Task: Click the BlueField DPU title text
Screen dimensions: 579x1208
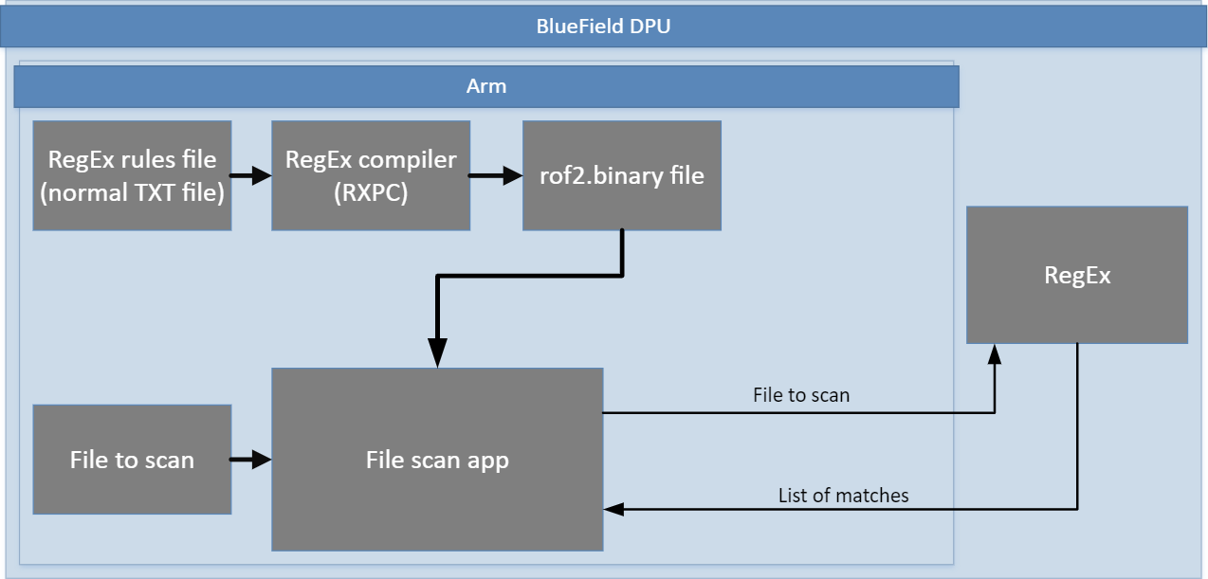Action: (x=603, y=26)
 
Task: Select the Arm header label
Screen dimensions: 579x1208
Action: (x=486, y=86)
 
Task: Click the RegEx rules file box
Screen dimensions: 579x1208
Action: (x=132, y=175)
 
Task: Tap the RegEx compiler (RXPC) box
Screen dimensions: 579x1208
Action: (x=371, y=175)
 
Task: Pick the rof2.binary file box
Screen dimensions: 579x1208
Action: (x=622, y=175)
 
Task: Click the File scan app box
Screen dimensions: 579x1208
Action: (x=437, y=460)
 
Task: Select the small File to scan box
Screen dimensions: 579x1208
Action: (x=132, y=460)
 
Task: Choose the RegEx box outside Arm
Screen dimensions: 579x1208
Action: (x=1077, y=275)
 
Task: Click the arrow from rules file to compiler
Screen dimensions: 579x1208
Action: (x=251, y=175)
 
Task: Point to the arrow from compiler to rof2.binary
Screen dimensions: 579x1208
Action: (x=496, y=175)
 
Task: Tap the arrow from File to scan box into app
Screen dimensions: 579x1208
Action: (x=251, y=461)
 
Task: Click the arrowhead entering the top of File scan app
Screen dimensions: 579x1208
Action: (x=437, y=356)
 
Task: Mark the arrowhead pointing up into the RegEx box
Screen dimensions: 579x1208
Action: (x=994, y=353)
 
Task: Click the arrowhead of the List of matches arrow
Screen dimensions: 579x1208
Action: (x=614, y=510)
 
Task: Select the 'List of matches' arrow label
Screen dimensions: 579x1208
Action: (x=843, y=495)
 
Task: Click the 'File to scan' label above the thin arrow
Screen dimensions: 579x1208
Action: (x=801, y=394)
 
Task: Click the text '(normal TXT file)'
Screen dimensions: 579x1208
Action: (x=132, y=194)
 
